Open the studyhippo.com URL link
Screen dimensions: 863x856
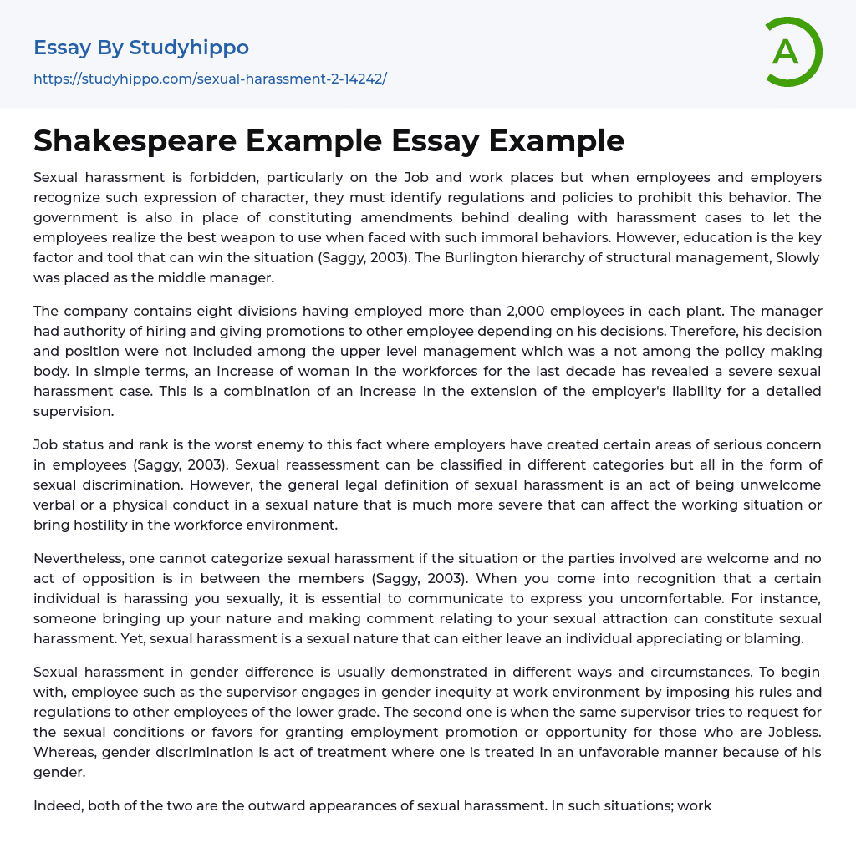[x=210, y=79]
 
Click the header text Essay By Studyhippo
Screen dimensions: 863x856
[x=141, y=48]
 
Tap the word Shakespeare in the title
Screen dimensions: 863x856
[x=132, y=141]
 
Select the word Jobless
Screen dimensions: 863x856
[x=787, y=732]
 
